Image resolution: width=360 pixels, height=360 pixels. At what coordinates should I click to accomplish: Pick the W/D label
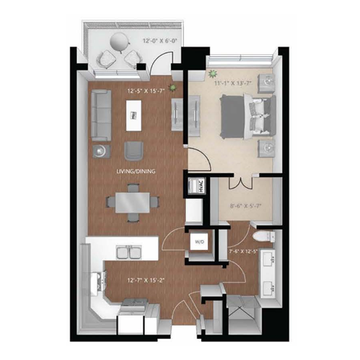point(200,242)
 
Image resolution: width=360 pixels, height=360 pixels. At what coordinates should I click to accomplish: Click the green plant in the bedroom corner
point(214,74)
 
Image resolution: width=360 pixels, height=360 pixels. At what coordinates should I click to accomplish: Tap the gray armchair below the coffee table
point(133,149)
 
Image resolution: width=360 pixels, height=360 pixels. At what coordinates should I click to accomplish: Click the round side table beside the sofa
point(99,151)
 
